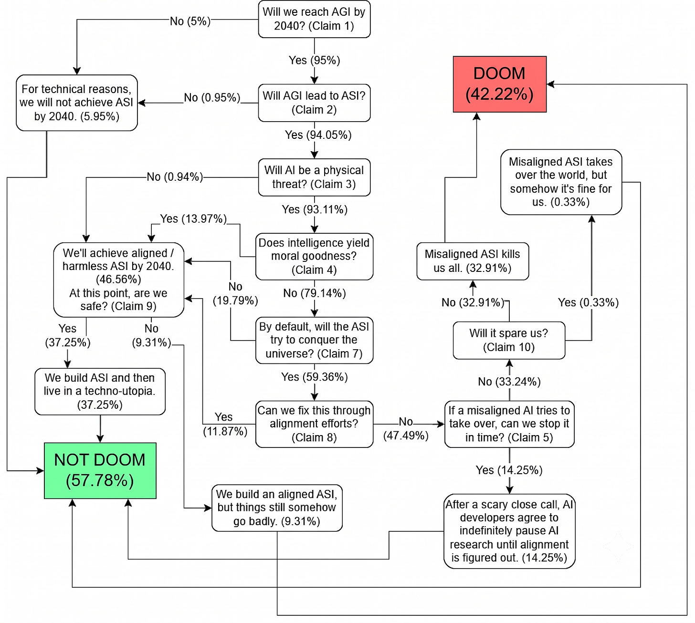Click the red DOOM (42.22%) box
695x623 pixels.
coord(499,84)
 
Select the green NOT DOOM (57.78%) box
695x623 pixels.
coord(100,470)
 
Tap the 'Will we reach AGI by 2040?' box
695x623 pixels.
coord(314,19)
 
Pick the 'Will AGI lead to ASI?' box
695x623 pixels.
coord(314,103)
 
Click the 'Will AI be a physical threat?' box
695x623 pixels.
coord(314,177)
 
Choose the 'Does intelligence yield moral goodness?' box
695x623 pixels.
coord(314,257)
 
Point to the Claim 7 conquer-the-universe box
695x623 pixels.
coord(314,340)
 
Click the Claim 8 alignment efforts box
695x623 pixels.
coord(314,424)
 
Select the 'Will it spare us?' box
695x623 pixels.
coord(509,340)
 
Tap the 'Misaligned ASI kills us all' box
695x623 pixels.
coord(473,261)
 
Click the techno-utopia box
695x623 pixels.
coord(100,392)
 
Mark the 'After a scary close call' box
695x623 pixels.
coord(509,531)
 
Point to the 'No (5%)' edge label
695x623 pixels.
coord(190,21)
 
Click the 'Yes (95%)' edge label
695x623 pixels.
coord(314,61)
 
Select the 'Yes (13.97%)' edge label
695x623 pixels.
coord(193,219)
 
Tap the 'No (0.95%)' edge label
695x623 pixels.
coord(212,98)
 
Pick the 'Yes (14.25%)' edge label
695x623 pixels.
coord(509,470)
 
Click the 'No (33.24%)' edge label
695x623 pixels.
coord(509,382)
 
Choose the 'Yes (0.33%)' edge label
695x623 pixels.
coord(588,302)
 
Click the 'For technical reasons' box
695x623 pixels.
coord(77,103)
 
